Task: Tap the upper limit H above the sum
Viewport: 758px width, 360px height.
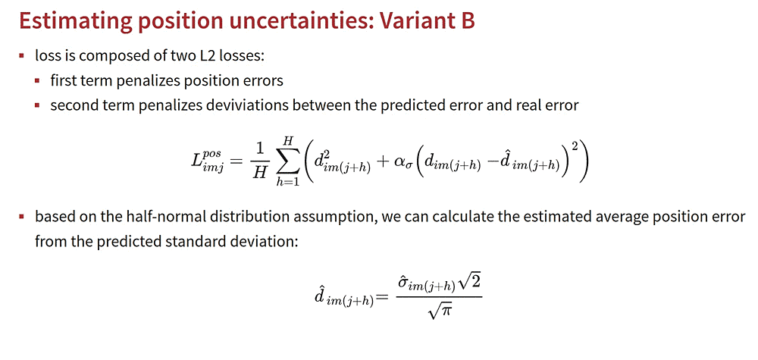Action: (287, 139)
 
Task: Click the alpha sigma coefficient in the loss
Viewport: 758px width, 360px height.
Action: (393, 164)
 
